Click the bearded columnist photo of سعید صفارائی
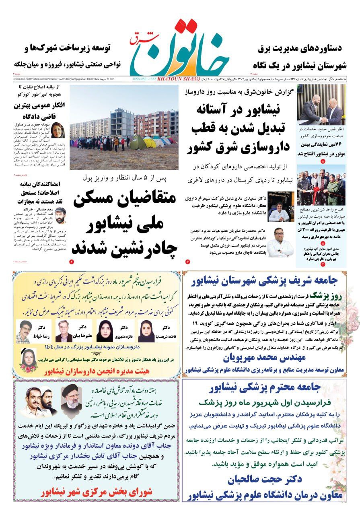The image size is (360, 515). [60, 215]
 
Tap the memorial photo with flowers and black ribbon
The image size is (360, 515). [28, 361]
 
